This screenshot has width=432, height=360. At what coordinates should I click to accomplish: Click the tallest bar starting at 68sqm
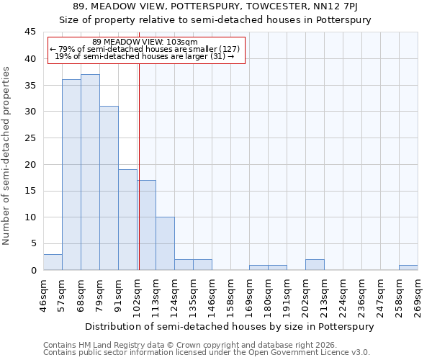click(90, 172)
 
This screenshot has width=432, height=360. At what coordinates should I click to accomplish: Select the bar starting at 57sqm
click(71, 175)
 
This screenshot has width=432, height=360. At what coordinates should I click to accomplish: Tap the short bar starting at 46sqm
click(53, 262)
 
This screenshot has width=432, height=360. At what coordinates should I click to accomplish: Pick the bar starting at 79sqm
click(109, 188)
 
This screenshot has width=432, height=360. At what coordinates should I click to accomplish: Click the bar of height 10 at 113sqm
click(165, 243)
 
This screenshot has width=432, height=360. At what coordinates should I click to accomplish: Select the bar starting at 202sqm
click(315, 265)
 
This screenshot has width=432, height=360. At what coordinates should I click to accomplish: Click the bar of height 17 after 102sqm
click(147, 225)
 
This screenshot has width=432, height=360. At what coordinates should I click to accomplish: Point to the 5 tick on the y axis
click(33, 244)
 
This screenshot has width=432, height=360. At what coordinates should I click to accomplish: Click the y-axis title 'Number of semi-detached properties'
click(7, 156)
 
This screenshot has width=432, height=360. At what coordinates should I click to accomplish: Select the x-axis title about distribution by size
click(230, 326)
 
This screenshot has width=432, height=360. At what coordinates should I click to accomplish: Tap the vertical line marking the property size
click(139, 166)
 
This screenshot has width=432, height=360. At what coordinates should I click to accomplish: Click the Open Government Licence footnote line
click(206, 352)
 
